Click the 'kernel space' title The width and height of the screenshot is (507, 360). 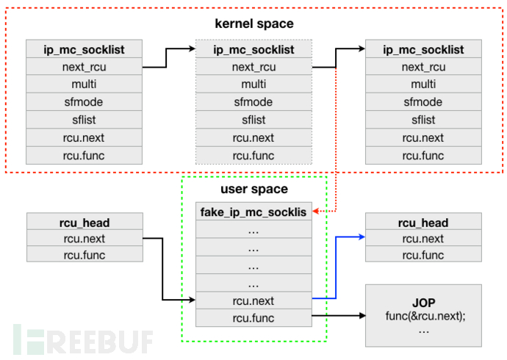tap(253, 24)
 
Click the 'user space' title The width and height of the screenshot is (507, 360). tap(253, 190)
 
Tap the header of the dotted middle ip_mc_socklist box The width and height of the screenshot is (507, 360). tap(253, 50)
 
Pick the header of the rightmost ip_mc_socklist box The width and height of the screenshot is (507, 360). tap(424, 50)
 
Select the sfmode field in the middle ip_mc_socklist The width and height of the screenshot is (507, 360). tap(253, 102)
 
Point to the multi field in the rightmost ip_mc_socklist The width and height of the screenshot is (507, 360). tap(424, 84)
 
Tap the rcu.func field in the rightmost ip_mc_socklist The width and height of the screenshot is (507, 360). tap(424, 155)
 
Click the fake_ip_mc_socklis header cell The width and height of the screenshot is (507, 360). tap(253, 212)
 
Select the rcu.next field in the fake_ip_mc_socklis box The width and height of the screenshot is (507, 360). tap(253, 300)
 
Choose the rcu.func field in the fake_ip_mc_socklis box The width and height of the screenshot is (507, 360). tap(253, 318)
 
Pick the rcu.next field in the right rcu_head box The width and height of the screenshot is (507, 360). tap(424, 238)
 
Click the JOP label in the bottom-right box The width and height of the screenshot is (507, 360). tap(424, 301)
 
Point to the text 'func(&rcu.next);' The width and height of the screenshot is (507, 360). tap(424, 316)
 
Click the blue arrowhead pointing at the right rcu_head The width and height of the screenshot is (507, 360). tap(362, 237)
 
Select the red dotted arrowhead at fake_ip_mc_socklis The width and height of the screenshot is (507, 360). tap(315, 212)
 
